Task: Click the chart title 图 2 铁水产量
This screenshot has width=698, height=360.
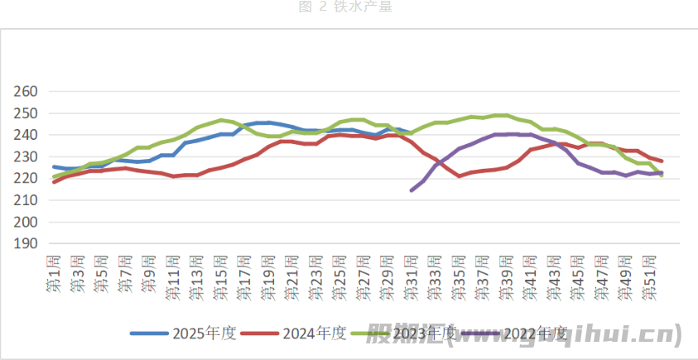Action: pyautogui.click(x=349, y=7)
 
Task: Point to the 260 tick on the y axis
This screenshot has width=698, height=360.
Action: pyautogui.click(x=27, y=91)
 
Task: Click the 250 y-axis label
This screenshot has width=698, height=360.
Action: pyautogui.click(x=27, y=113)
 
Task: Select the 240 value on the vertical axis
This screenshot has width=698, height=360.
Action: pyautogui.click(x=27, y=135)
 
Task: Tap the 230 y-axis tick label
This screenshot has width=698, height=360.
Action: pyautogui.click(x=27, y=156)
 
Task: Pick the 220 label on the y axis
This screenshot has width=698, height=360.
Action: pyautogui.click(x=27, y=179)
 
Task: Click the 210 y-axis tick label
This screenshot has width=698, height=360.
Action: pyautogui.click(x=27, y=200)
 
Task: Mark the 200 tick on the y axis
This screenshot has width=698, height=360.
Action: pyautogui.click(x=27, y=222)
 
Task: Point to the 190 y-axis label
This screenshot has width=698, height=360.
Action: pyautogui.click(x=27, y=244)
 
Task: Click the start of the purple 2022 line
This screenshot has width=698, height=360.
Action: pyautogui.click(x=412, y=190)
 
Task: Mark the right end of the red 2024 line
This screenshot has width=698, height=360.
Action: pyautogui.click(x=662, y=161)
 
